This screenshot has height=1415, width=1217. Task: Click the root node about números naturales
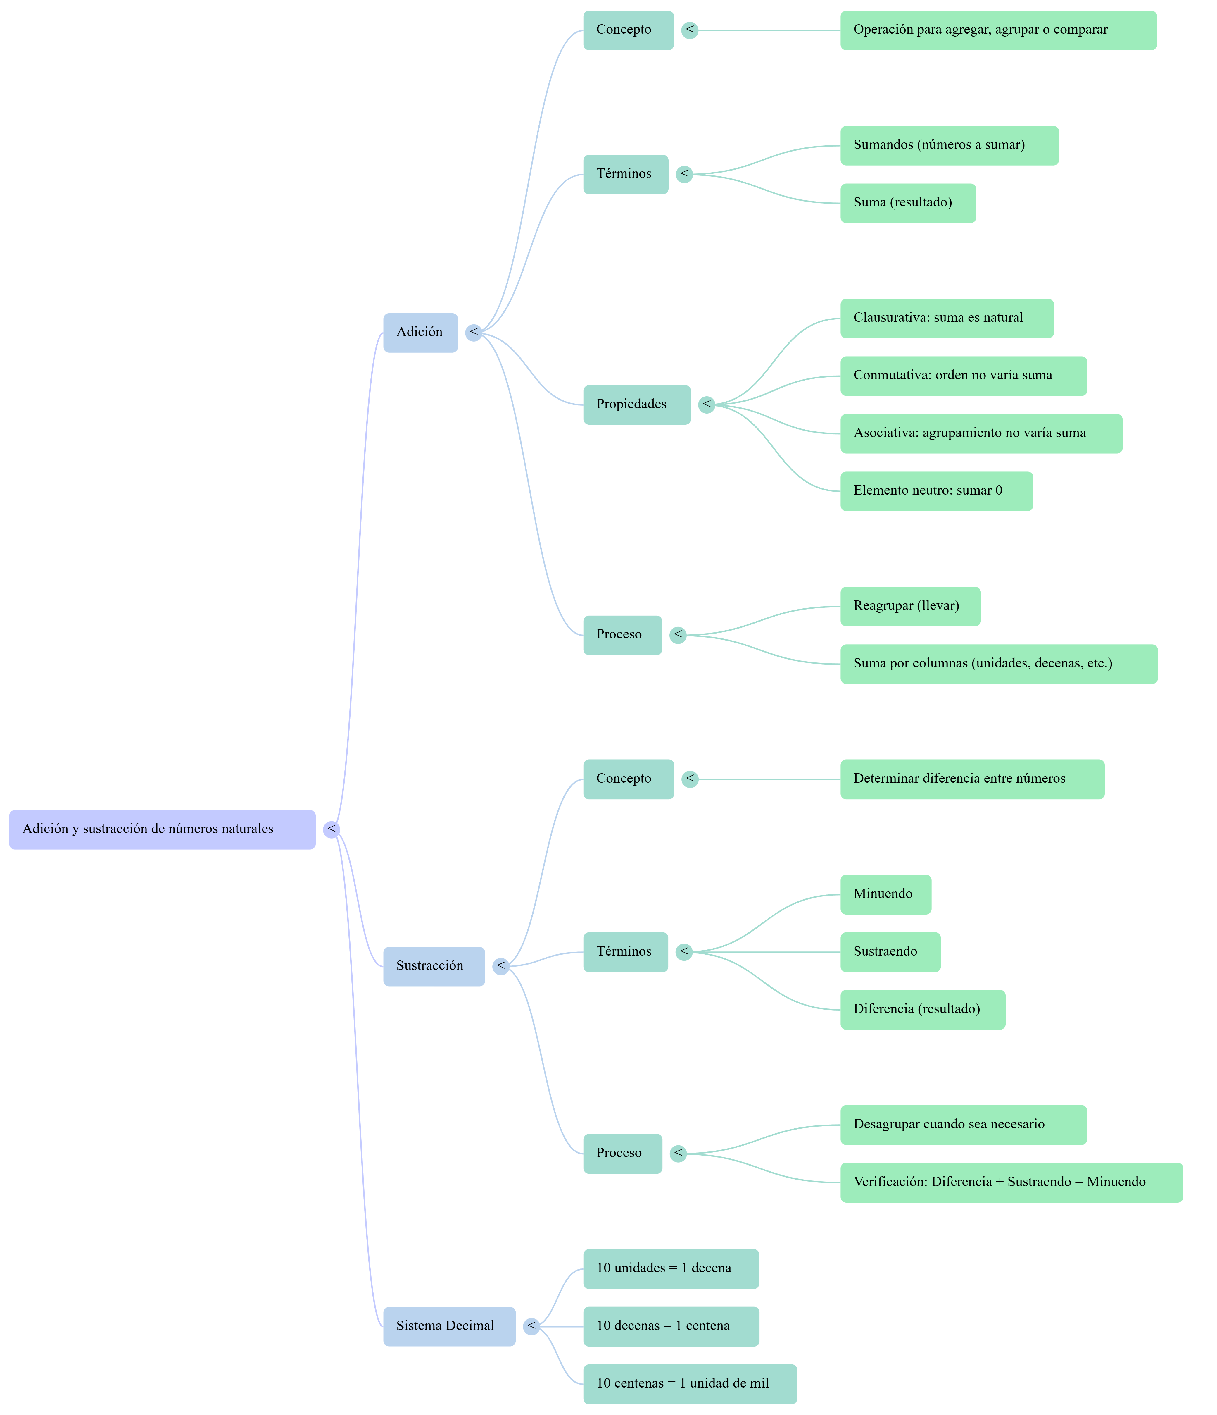pyautogui.click(x=162, y=829)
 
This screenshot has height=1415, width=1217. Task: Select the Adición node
pyautogui.click(x=420, y=333)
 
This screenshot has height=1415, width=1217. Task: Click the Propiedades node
pyautogui.click(x=636, y=404)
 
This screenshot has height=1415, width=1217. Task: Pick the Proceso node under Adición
pyautogui.click(x=622, y=634)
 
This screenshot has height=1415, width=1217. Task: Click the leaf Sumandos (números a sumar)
pyautogui.click(x=949, y=145)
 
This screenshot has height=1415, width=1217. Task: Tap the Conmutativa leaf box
pyautogui.click(x=963, y=376)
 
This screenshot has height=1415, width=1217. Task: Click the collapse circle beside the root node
pyautogui.click(x=332, y=829)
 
